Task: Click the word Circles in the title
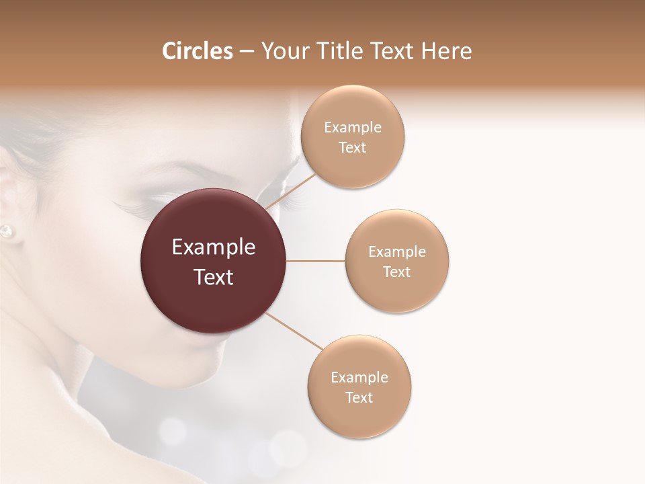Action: [198, 51]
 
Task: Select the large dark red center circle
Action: [214, 261]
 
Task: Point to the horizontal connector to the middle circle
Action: [315, 261]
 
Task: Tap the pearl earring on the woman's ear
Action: [6, 231]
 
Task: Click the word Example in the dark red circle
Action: [214, 247]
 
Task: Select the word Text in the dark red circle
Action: [214, 277]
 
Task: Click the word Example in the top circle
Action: [353, 128]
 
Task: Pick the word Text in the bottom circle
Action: [359, 397]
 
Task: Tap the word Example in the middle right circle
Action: [397, 252]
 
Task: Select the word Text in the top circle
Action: [353, 148]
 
